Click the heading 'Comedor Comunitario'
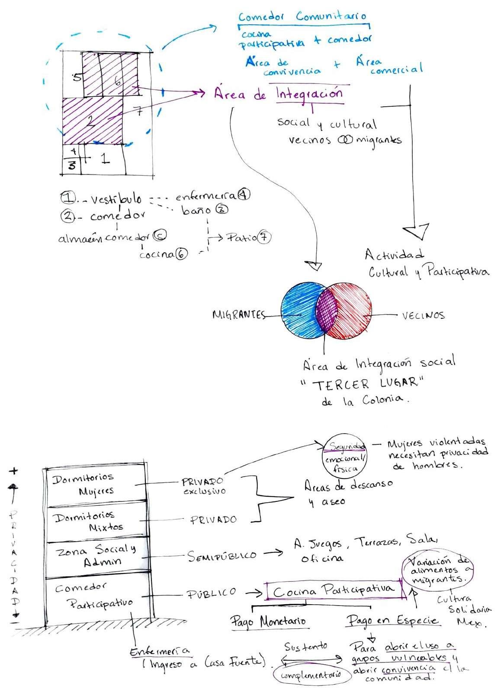(302, 17)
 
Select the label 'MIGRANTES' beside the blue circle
(238, 315)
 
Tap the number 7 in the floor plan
(139, 113)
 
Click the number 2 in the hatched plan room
(91, 122)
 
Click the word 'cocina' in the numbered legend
(157, 254)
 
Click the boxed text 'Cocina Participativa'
(334, 590)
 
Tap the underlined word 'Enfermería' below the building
(160, 652)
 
